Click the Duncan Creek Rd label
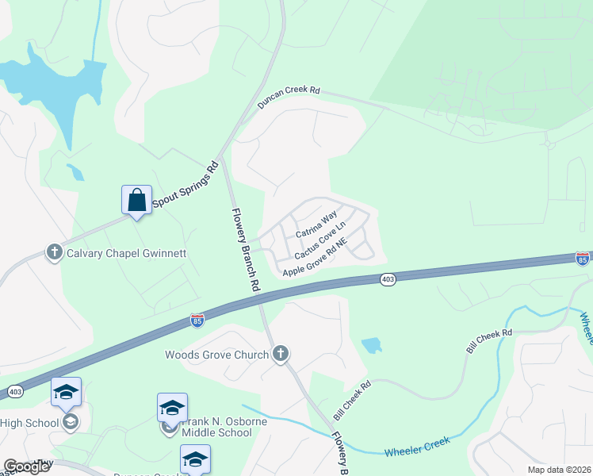(x=288, y=98)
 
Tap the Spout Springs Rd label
(x=185, y=186)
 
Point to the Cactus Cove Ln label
(x=320, y=240)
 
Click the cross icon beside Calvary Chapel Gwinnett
(x=55, y=253)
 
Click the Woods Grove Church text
(x=216, y=355)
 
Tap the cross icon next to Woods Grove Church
(x=280, y=355)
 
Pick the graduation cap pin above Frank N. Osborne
(x=172, y=408)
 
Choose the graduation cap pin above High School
(x=66, y=392)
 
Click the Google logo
(x=27, y=466)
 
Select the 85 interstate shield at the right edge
(x=583, y=259)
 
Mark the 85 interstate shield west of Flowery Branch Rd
(x=197, y=320)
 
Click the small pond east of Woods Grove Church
(x=371, y=345)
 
